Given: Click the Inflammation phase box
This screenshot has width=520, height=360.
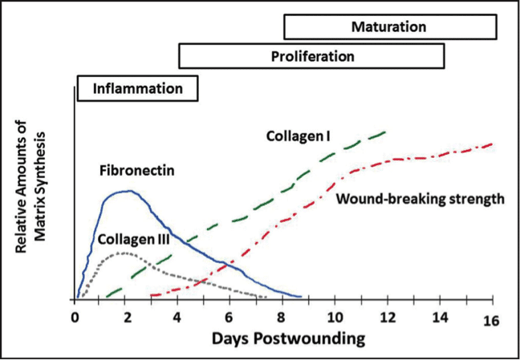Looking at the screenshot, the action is click(x=138, y=88).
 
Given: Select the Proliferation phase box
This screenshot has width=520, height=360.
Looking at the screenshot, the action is click(x=311, y=55).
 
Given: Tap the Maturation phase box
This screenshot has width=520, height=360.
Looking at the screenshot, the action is click(x=390, y=26).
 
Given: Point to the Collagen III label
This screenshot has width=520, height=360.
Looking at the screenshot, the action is click(x=134, y=240).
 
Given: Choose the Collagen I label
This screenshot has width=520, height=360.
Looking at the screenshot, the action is click(x=298, y=136).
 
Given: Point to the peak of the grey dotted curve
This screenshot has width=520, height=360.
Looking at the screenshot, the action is click(x=124, y=253).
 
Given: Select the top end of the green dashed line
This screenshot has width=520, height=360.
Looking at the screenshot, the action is click(x=386, y=131).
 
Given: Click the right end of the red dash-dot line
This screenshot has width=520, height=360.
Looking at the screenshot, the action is click(x=492, y=144).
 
